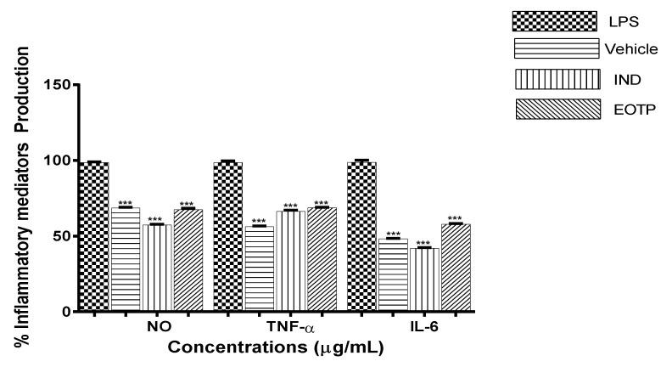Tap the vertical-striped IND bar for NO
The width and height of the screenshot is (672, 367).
click(x=156, y=268)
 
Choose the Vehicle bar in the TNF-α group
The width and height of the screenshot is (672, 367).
click(x=259, y=268)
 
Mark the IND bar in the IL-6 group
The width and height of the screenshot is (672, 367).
click(x=424, y=279)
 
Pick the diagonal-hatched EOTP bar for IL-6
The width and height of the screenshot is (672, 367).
click(x=455, y=268)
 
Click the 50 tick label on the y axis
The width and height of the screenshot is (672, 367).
click(x=62, y=236)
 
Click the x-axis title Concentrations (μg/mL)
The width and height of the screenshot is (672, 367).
click(x=274, y=347)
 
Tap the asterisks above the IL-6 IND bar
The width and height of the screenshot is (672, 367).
click(x=424, y=243)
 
